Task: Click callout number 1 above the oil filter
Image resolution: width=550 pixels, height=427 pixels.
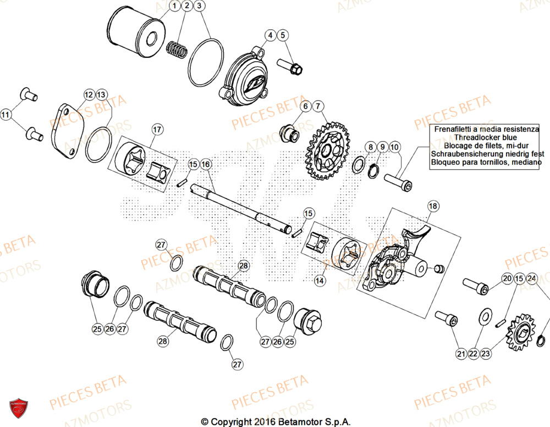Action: [174, 6]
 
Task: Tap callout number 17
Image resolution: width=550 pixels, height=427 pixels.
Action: [157, 129]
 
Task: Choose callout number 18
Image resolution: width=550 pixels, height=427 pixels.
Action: [433, 207]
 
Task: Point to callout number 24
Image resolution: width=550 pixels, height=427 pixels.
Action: [531, 279]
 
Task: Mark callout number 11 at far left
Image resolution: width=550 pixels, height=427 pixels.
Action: [6, 115]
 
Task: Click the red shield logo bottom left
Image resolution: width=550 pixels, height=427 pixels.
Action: [20, 408]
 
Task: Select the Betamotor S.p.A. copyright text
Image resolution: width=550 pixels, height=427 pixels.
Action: [275, 421]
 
